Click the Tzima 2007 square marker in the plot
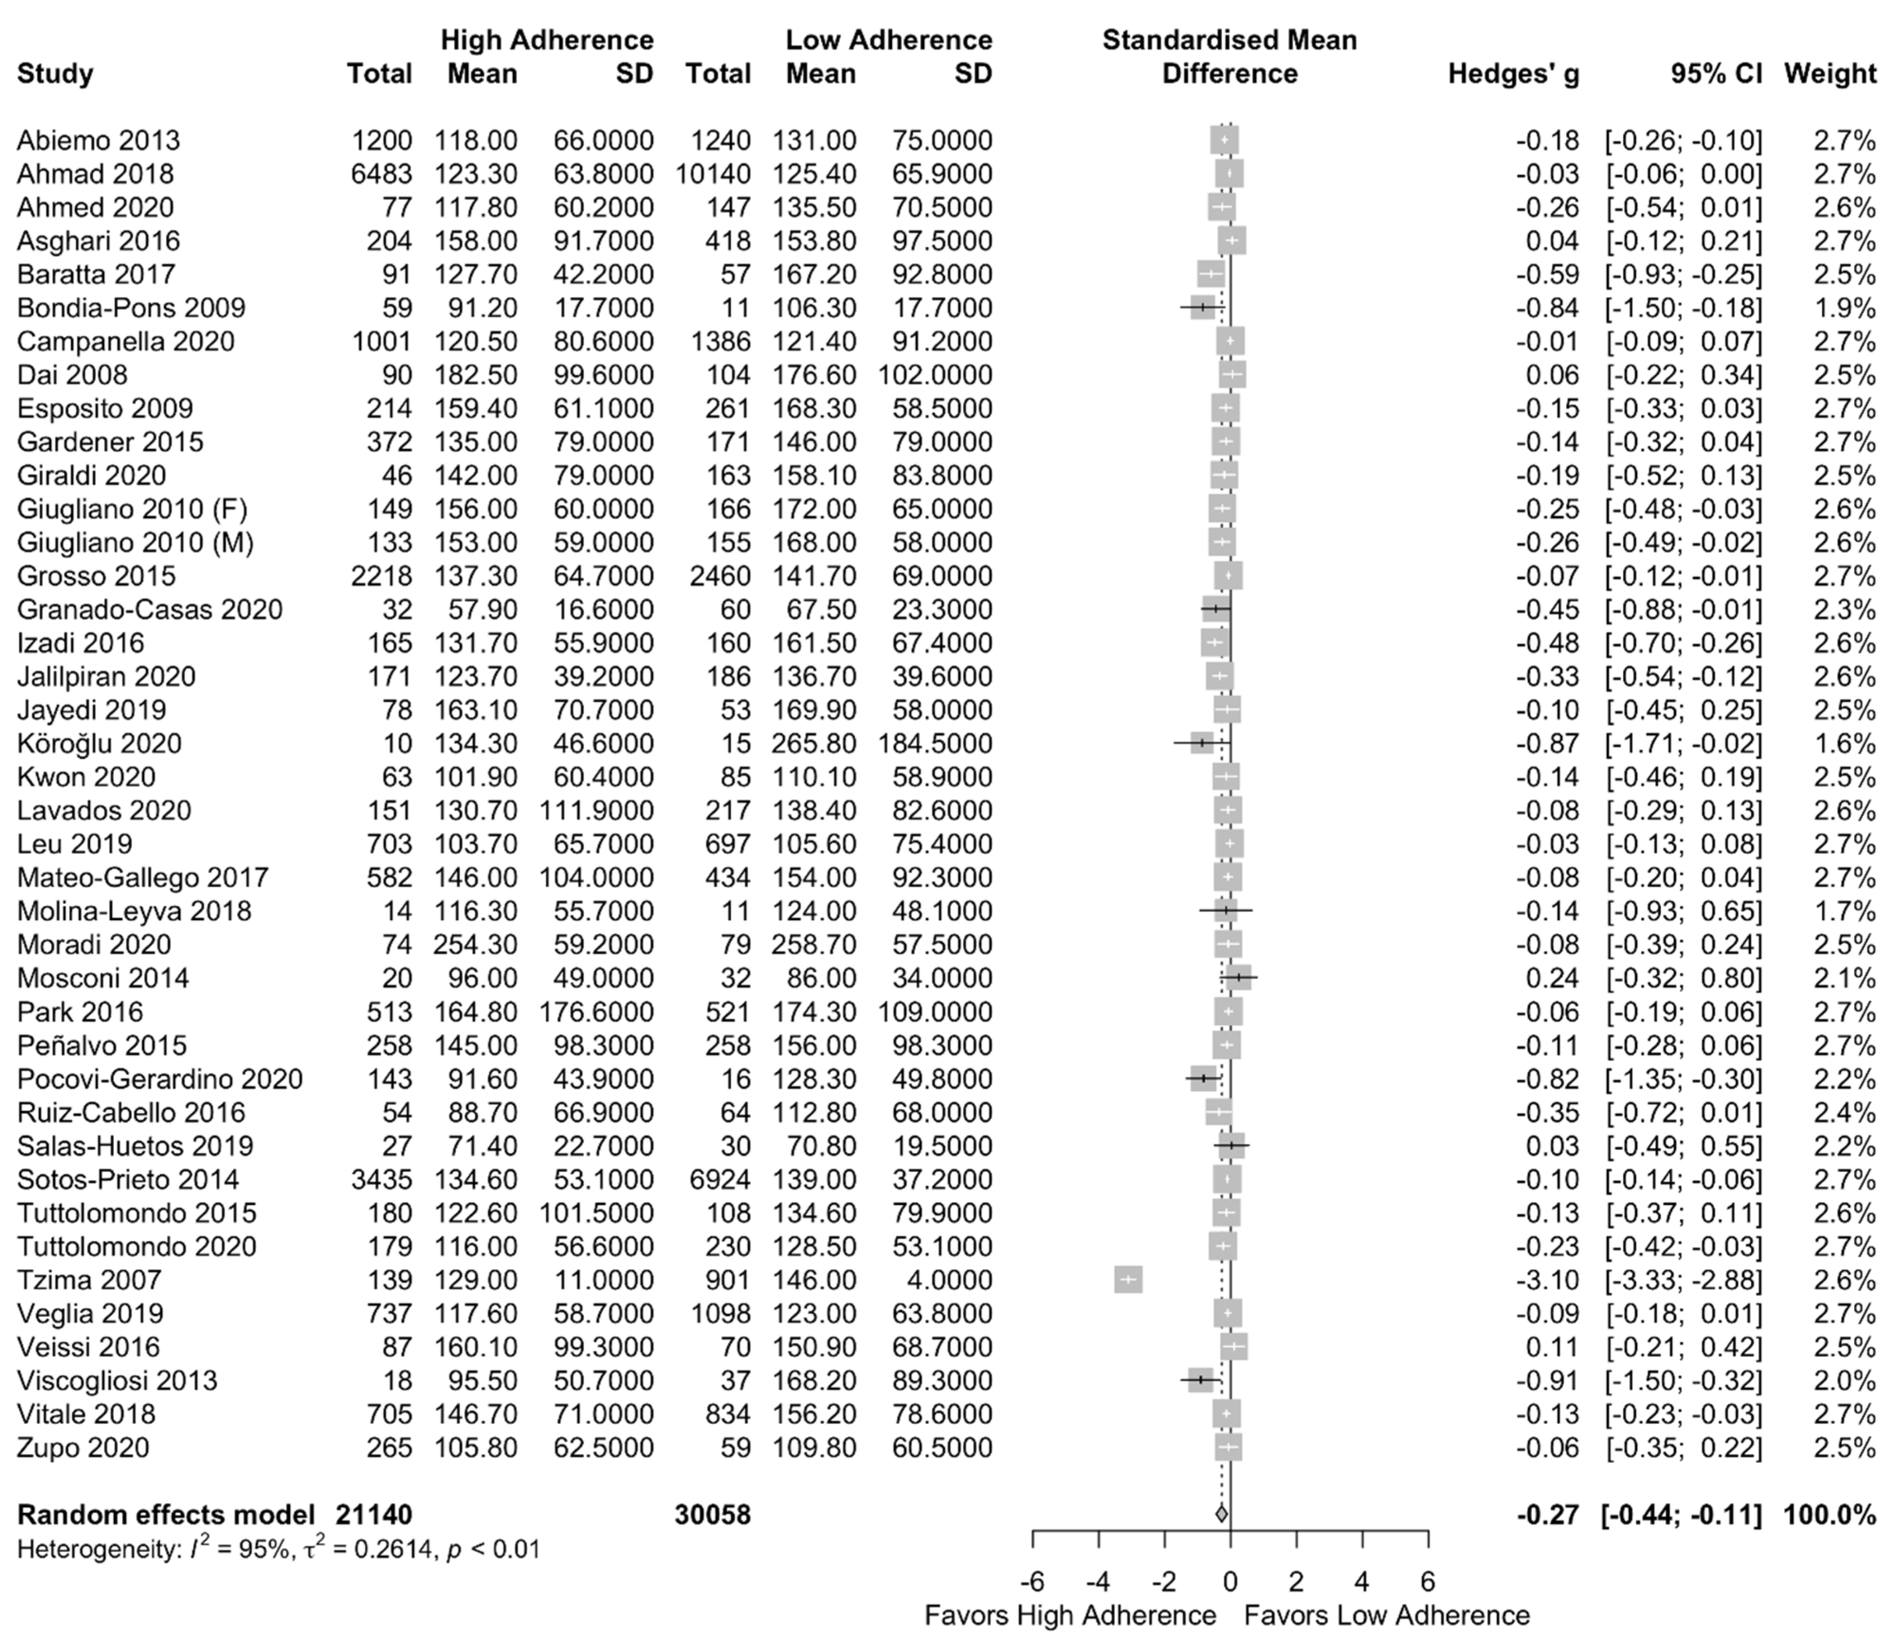point(1128,1280)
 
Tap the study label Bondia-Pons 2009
point(132,308)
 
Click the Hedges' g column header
point(1513,74)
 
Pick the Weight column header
point(1830,74)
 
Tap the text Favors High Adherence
point(1070,1615)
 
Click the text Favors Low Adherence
point(1387,1615)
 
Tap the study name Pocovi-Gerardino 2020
point(160,1079)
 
